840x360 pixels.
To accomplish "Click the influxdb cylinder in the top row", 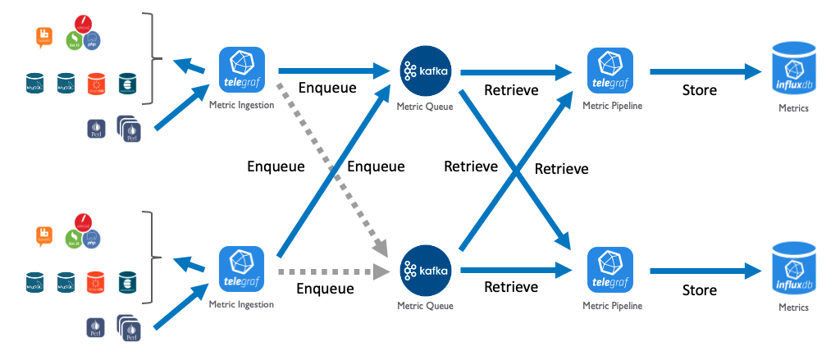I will [794, 71].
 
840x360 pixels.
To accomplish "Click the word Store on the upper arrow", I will [700, 90].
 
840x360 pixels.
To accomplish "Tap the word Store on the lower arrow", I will [700, 289].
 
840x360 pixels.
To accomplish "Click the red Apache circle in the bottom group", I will [82, 221].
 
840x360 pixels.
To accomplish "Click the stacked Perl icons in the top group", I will [129, 126].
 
